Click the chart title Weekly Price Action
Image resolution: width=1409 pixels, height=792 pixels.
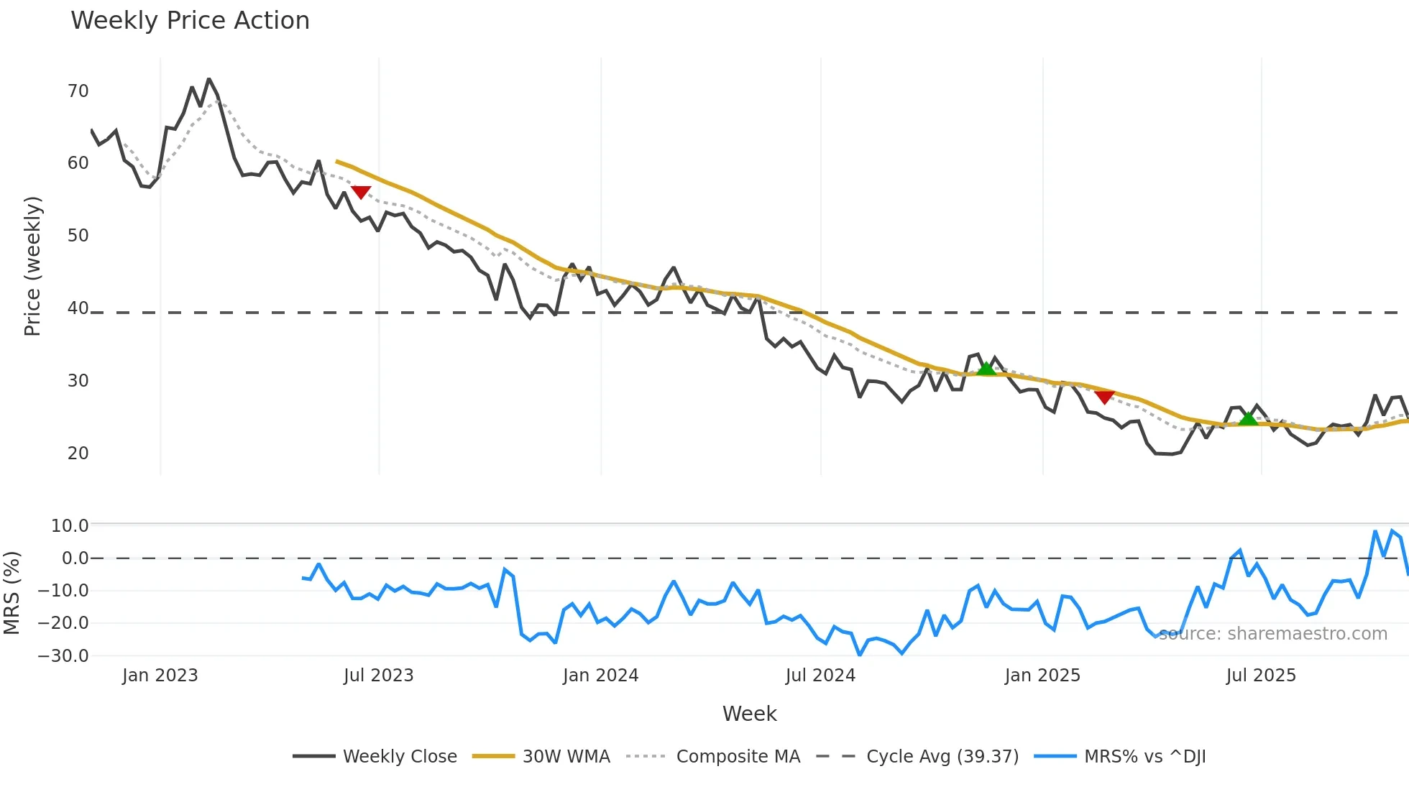pyautogui.click(x=190, y=21)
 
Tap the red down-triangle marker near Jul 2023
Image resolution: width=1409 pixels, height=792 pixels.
pyautogui.click(x=361, y=192)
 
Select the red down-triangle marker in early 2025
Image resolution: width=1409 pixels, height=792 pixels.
pyautogui.click(x=1104, y=397)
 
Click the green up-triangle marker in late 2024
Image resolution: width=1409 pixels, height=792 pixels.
pyautogui.click(x=986, y=369)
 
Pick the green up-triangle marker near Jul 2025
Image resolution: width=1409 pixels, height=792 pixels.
pyautogui.click(x=1249, y=418)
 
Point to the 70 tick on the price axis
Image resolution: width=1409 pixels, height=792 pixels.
pyautogui.click(x=78, y=91)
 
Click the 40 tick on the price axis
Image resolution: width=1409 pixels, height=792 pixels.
pyautogui.click(x=78, y=308)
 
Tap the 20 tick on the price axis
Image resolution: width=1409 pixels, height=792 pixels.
pyautogui.click(x=78, y=453)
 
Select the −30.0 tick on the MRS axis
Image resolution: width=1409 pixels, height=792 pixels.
pyautogui.click(x=63, y=656)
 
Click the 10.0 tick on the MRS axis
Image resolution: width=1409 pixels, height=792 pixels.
pyautogui.click(x=70, y=526)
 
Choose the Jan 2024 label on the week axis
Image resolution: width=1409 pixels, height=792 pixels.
pyautogui.click(x=600, y=676)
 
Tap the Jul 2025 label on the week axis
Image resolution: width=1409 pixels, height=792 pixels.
pyautogui.click(x=1261, y=676)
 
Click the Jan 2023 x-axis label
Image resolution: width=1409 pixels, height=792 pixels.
pyautogui.click(x=160, y=676)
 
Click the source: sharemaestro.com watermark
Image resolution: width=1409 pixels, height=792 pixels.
pyautogui.click(x=1272, y=634)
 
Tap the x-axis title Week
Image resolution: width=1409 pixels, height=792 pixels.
pyautogui.click(x=749, y=714)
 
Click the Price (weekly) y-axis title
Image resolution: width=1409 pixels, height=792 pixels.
pyautogui.click(x=32, y=266)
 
